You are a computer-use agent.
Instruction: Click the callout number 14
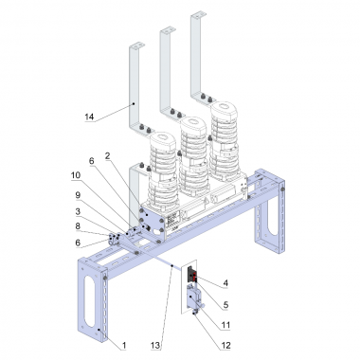click(x=89, y=117)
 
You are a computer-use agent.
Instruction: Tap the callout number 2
click(x=107, y=155)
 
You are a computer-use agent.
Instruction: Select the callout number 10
click(x=76, y=175)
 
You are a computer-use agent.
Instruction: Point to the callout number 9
click(x=78, y=195)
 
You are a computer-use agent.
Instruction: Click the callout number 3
click(x=78, y=211)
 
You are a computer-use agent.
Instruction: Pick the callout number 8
click(x=78, y=226)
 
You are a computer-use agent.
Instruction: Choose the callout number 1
click(x=124, y=345)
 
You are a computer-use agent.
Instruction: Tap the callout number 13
click(x=155, y=345)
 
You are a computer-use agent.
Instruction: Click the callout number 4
click(x=225, y=283)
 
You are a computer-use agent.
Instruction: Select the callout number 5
click(x=225, y=305)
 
